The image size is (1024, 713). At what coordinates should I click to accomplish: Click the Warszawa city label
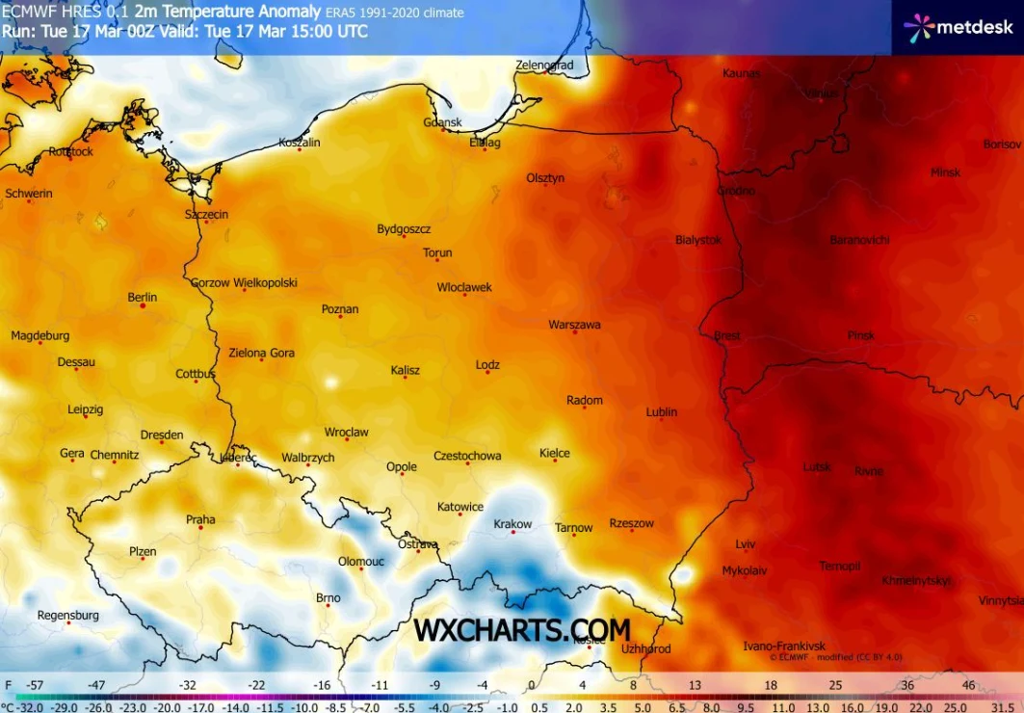(574, 325)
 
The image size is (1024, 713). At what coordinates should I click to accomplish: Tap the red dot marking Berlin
(143, 305)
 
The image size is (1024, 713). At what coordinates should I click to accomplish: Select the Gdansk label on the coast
(443, 122)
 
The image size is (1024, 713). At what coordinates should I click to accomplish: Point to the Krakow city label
(512, 524)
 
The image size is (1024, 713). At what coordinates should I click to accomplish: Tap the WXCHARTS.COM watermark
(522, 630)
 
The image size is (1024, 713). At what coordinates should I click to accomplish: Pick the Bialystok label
(698, 240)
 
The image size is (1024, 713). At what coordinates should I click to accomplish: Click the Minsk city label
(945, 172)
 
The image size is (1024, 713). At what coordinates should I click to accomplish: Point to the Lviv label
(746, 543)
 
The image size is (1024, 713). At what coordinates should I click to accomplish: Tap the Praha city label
(200, 519)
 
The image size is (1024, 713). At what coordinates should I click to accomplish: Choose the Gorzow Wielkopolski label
(244, 283)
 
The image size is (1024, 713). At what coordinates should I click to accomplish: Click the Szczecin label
(206, 214)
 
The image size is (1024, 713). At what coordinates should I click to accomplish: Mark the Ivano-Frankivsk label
(784, 645)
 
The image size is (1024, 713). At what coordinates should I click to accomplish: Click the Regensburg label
(67, 615)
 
